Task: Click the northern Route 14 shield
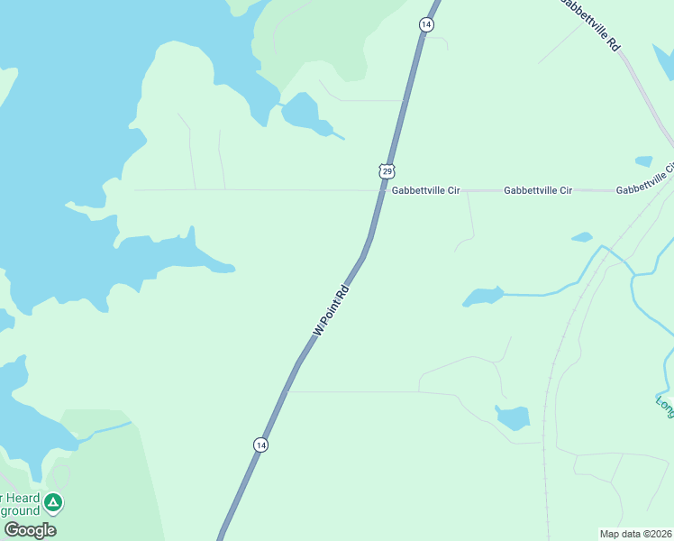tap(425, 24)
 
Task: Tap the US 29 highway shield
tap(387, 170)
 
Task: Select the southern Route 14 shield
tap(260, 445)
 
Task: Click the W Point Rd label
tap(331, 312)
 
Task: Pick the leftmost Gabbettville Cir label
tap(425, 191)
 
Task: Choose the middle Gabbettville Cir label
tap(538, 191)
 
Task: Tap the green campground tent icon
tap(53, 502)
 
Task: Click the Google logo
tap(30, 529)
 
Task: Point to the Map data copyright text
tap(635, 533)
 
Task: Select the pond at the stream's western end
tap(483, 297)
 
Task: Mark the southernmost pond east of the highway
tap(513, 417)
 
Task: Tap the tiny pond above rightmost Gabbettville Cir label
tap(643, 161)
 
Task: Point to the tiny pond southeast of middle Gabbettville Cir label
tap(582, 238)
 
